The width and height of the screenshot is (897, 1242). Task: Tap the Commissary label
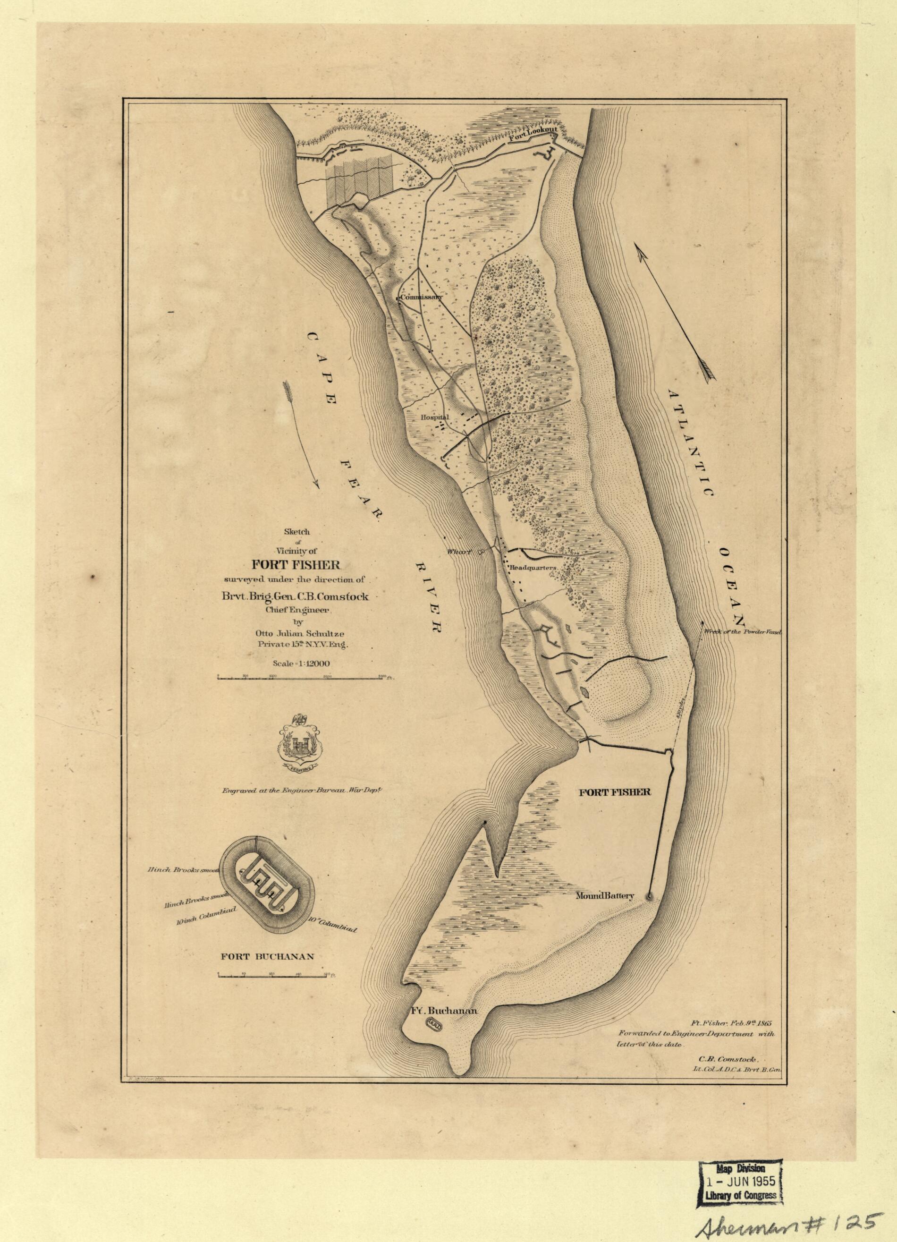[421, 298]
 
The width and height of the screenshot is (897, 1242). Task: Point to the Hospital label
[434, 417]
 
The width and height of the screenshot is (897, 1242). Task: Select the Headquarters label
[533, 568]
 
